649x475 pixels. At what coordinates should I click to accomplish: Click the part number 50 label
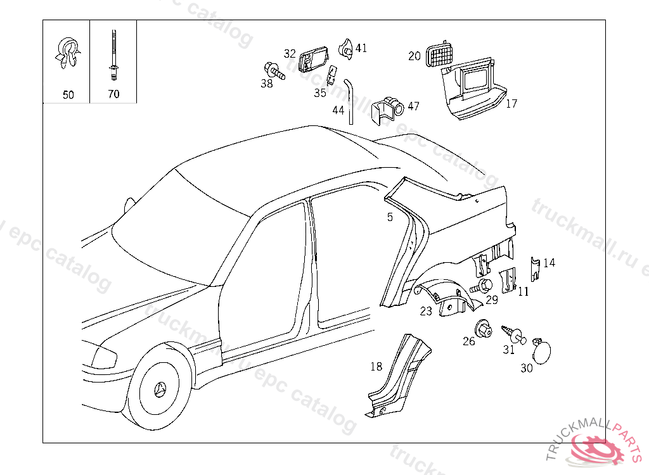[x=68, y=95]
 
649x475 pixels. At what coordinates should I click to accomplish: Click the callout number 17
[x=511, y=104]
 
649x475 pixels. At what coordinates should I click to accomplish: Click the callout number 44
[x=338, y=110]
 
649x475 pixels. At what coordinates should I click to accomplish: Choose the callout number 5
[x=390, y=217]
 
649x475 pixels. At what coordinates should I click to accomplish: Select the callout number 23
[x=426, y=311]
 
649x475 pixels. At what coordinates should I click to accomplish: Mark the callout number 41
[x=361, y=47]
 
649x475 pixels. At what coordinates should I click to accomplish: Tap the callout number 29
[x=492, y=300]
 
